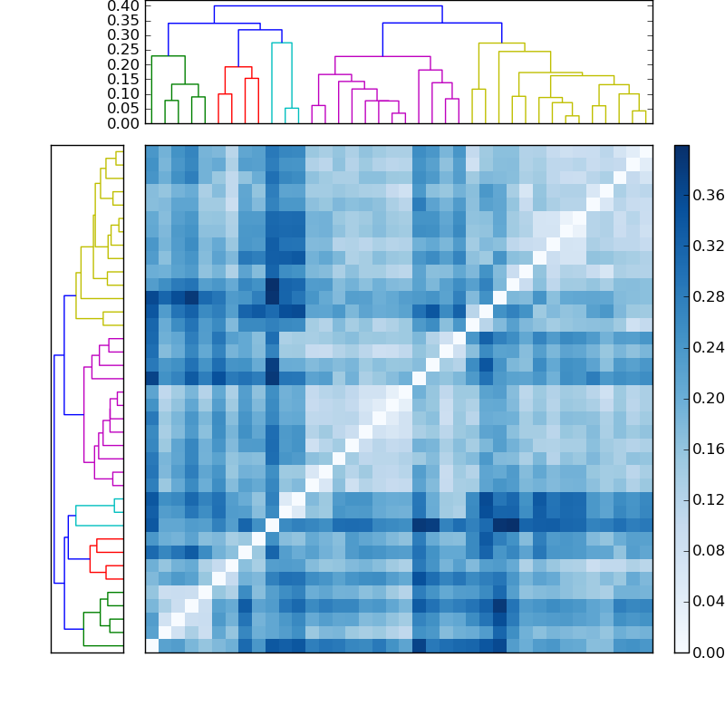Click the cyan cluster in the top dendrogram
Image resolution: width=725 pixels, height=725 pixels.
pyautogui.click(x=282, y=43)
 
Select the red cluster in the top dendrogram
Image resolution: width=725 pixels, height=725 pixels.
pyautogui.click(x=238, y=68)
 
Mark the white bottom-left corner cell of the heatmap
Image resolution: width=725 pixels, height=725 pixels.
pyautogui.click(x=151, y=645)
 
